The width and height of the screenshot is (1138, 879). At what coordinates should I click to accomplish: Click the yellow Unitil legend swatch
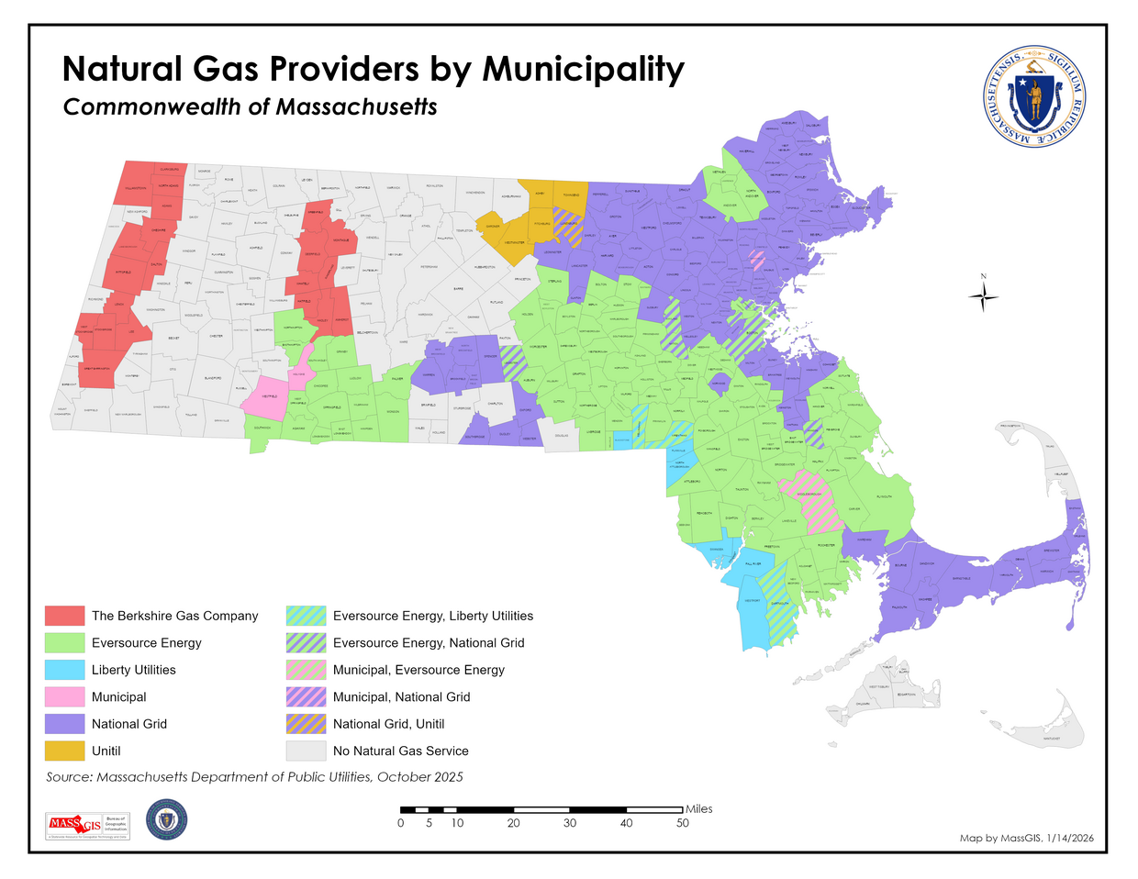click(64, 751)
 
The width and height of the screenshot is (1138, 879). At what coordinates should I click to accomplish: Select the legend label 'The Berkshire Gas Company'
click(174, 616)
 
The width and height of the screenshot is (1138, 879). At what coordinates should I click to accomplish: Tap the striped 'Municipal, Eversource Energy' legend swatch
click(306, 670)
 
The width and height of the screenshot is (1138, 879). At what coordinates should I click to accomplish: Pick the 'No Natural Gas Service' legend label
click(400, 751)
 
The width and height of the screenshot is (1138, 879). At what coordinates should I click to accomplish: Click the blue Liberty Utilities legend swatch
click(64, 670)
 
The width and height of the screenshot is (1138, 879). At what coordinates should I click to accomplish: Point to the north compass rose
click(983, 295)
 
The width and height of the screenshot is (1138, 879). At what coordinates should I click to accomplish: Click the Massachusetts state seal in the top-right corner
click(1034, 96)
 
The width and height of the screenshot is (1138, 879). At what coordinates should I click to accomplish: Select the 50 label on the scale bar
click(682, 823)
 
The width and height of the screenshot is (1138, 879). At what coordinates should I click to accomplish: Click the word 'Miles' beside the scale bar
click(698, 808)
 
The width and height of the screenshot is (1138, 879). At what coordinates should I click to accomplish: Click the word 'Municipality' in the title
click(583, 69)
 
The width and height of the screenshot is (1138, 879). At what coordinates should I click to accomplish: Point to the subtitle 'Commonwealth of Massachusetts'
click(250, 106)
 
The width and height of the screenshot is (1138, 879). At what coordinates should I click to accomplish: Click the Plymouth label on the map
click(883, 496)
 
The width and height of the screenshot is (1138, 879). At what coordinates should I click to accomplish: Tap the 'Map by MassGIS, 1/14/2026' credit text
click(1026, 838)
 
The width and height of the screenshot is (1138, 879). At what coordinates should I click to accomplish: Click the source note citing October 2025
click(254, 777)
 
